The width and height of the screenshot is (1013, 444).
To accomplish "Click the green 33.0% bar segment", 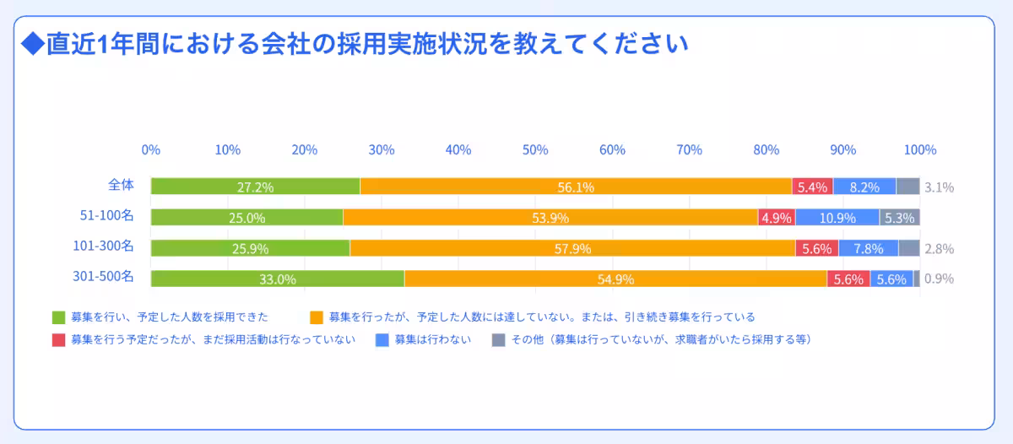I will (x=278, y=279).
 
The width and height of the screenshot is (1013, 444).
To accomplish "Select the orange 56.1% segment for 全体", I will (x=576, y=187).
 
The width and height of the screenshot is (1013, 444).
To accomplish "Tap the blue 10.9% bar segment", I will (x=837, y=218).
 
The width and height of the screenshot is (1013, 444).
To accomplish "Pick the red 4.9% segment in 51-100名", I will (x=776, y=218).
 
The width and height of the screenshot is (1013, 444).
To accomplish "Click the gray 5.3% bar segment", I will (x=899, y=218).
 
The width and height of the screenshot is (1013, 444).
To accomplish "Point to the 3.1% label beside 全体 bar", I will (x=939, y=187).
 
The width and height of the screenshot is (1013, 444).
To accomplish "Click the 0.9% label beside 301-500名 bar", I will (x=939, y=279).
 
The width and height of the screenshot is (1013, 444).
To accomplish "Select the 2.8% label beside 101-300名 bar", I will (x=939, y=249).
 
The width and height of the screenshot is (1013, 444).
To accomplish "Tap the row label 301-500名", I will (x=103, y=276).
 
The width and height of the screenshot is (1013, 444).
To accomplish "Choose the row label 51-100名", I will (x=106, y=215).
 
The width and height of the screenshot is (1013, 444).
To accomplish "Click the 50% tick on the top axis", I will (x=535, y=149).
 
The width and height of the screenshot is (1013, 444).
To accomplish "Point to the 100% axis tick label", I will (x=920, y=149).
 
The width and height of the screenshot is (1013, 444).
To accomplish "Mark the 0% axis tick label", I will (x=151, y=149).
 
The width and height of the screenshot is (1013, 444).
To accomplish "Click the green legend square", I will (x=58, y=317).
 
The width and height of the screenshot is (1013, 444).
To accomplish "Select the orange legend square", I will (x=317, y=317).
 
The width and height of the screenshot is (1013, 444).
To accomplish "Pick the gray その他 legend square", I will (x=498, y=340).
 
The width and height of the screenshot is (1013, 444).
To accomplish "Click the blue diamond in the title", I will (x=31, y=44).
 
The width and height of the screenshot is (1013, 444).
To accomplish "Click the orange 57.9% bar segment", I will (x=572, y=249).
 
